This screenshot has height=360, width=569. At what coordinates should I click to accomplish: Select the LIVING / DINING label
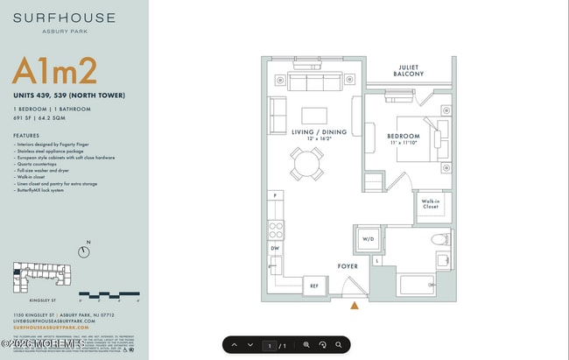point(319,132)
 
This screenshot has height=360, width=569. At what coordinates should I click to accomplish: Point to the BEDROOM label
point(404,137)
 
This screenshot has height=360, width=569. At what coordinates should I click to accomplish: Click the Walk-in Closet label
point(431,205)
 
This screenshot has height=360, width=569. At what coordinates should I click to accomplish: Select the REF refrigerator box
point(314,286)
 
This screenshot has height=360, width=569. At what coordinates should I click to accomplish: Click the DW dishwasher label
point(276,249)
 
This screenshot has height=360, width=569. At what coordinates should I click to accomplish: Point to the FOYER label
point(348,265)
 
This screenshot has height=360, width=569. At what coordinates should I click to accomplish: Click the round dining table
point(307,162)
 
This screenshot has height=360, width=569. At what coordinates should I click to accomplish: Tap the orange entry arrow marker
point(355,306)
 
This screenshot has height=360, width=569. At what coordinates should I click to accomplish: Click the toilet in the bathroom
point(438,239)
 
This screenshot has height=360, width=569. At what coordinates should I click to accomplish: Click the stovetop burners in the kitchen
point(276,230)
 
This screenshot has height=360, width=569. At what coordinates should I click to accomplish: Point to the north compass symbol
point(84,251)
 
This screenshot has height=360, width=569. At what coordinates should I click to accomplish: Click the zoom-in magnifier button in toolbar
point(306,345)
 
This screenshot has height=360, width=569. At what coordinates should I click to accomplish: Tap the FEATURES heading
point(26,136)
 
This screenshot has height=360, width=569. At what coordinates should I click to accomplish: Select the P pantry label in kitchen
point(275,195)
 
